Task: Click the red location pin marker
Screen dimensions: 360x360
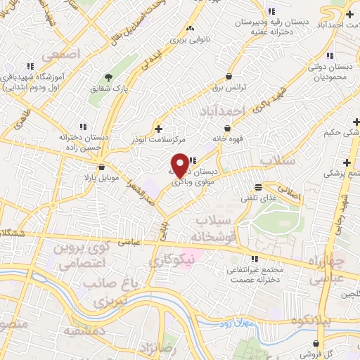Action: (x=180, y=165)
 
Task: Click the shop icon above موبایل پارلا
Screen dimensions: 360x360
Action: (x=103, y=167)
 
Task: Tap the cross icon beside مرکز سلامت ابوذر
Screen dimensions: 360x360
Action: (x=159, y=129)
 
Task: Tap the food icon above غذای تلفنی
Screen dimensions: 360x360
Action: (x=259, y=187)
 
